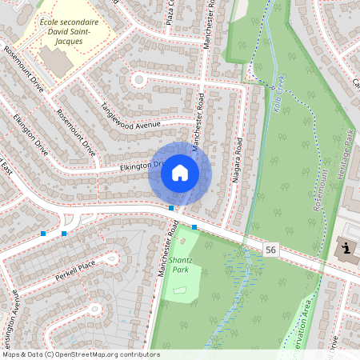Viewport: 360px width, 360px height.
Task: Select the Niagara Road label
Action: pos(238,161)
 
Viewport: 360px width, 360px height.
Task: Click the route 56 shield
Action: pos(271,250)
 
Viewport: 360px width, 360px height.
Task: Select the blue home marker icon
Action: pos(180,173)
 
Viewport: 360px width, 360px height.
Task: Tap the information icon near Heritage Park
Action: pos(346,248)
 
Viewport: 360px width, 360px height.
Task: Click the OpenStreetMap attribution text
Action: pos(81,354)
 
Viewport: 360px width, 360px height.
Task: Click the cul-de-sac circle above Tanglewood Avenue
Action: pos(140,79)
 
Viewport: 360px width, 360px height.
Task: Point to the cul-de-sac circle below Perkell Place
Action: pos(94,308)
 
